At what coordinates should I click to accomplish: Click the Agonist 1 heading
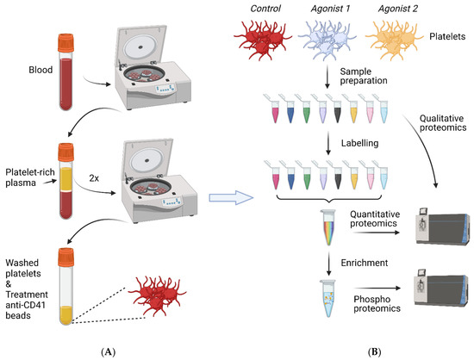340,9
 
